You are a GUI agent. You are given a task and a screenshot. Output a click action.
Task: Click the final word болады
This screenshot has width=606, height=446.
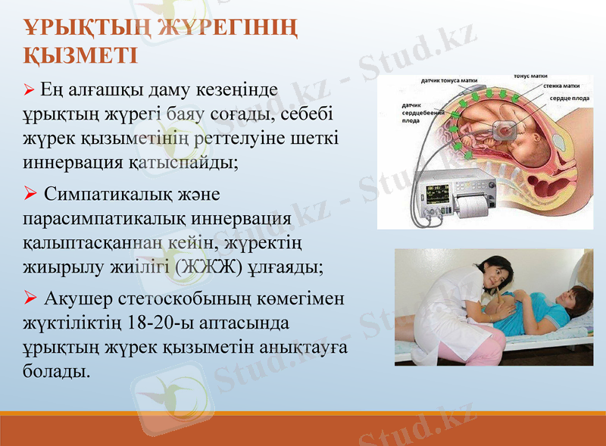[x=56, y=373]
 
